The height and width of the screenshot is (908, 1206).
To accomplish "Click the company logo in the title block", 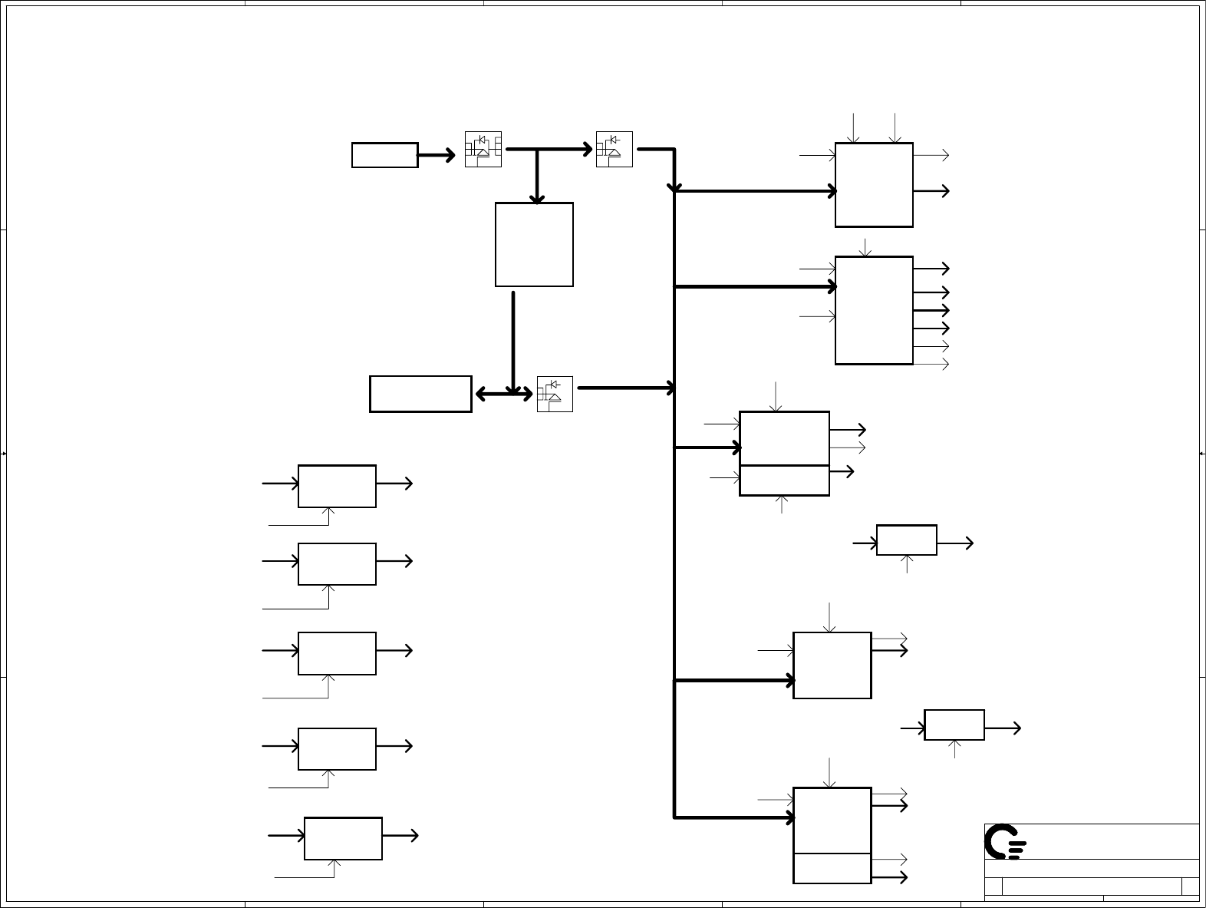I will tap(1005, 842).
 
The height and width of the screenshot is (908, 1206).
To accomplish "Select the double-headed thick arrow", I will tap(503, 395).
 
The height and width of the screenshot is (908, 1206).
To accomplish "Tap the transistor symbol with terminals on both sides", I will tap(483, 149).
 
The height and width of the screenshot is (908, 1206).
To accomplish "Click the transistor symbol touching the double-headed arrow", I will tap(555, 394).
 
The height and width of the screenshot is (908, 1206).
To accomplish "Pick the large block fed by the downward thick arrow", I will tap(534, 244).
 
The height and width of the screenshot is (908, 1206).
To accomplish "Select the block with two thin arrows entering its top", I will tap(874, 184).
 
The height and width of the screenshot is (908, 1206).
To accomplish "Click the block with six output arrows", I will tap(874, 310).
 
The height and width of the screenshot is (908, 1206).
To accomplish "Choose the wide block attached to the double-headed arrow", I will tap(420, 394).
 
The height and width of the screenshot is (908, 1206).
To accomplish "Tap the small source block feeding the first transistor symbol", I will tap(384, 155).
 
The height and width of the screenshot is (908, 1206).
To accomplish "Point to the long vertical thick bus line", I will tap(674, 537).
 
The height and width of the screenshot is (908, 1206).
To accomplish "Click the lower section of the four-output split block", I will tap(832, 868).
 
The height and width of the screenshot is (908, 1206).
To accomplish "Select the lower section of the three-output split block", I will tap(784, 480).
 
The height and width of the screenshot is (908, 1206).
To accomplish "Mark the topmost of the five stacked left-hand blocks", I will tap(337, 486).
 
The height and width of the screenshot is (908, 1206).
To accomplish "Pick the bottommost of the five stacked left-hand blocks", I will tap(343, 838).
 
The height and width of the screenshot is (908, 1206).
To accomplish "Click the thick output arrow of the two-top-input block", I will tap(932, 191).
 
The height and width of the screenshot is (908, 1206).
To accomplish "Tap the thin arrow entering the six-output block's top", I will tap(866, 247).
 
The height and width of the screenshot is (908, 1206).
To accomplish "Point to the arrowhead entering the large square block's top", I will tap(537, 199).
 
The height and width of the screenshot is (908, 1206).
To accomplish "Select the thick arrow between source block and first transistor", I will tap(437, 156).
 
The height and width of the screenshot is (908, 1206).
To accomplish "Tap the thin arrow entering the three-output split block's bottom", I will tap(782, 504).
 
